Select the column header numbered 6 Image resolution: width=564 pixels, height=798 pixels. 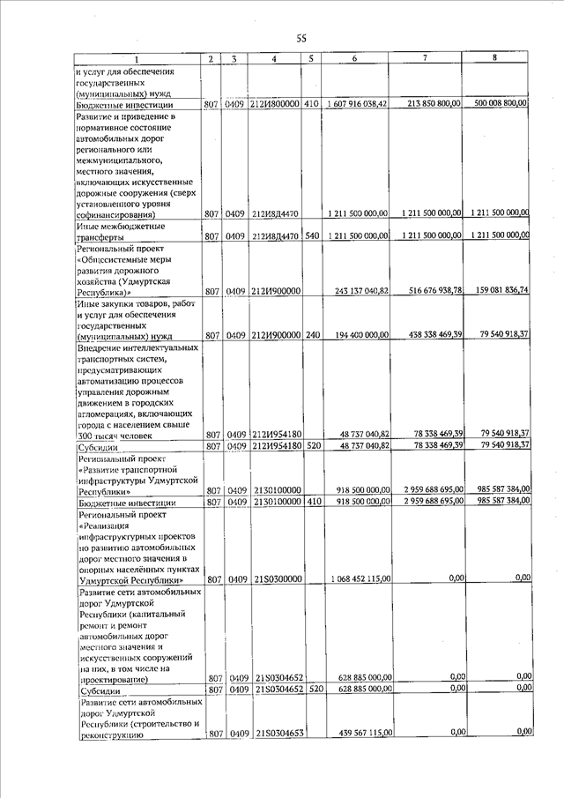pos(352,58)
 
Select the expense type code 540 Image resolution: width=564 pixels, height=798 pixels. pos(310,236)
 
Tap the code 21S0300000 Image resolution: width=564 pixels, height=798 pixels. pos(277,579)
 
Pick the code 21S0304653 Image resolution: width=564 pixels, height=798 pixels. pos(278,732)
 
